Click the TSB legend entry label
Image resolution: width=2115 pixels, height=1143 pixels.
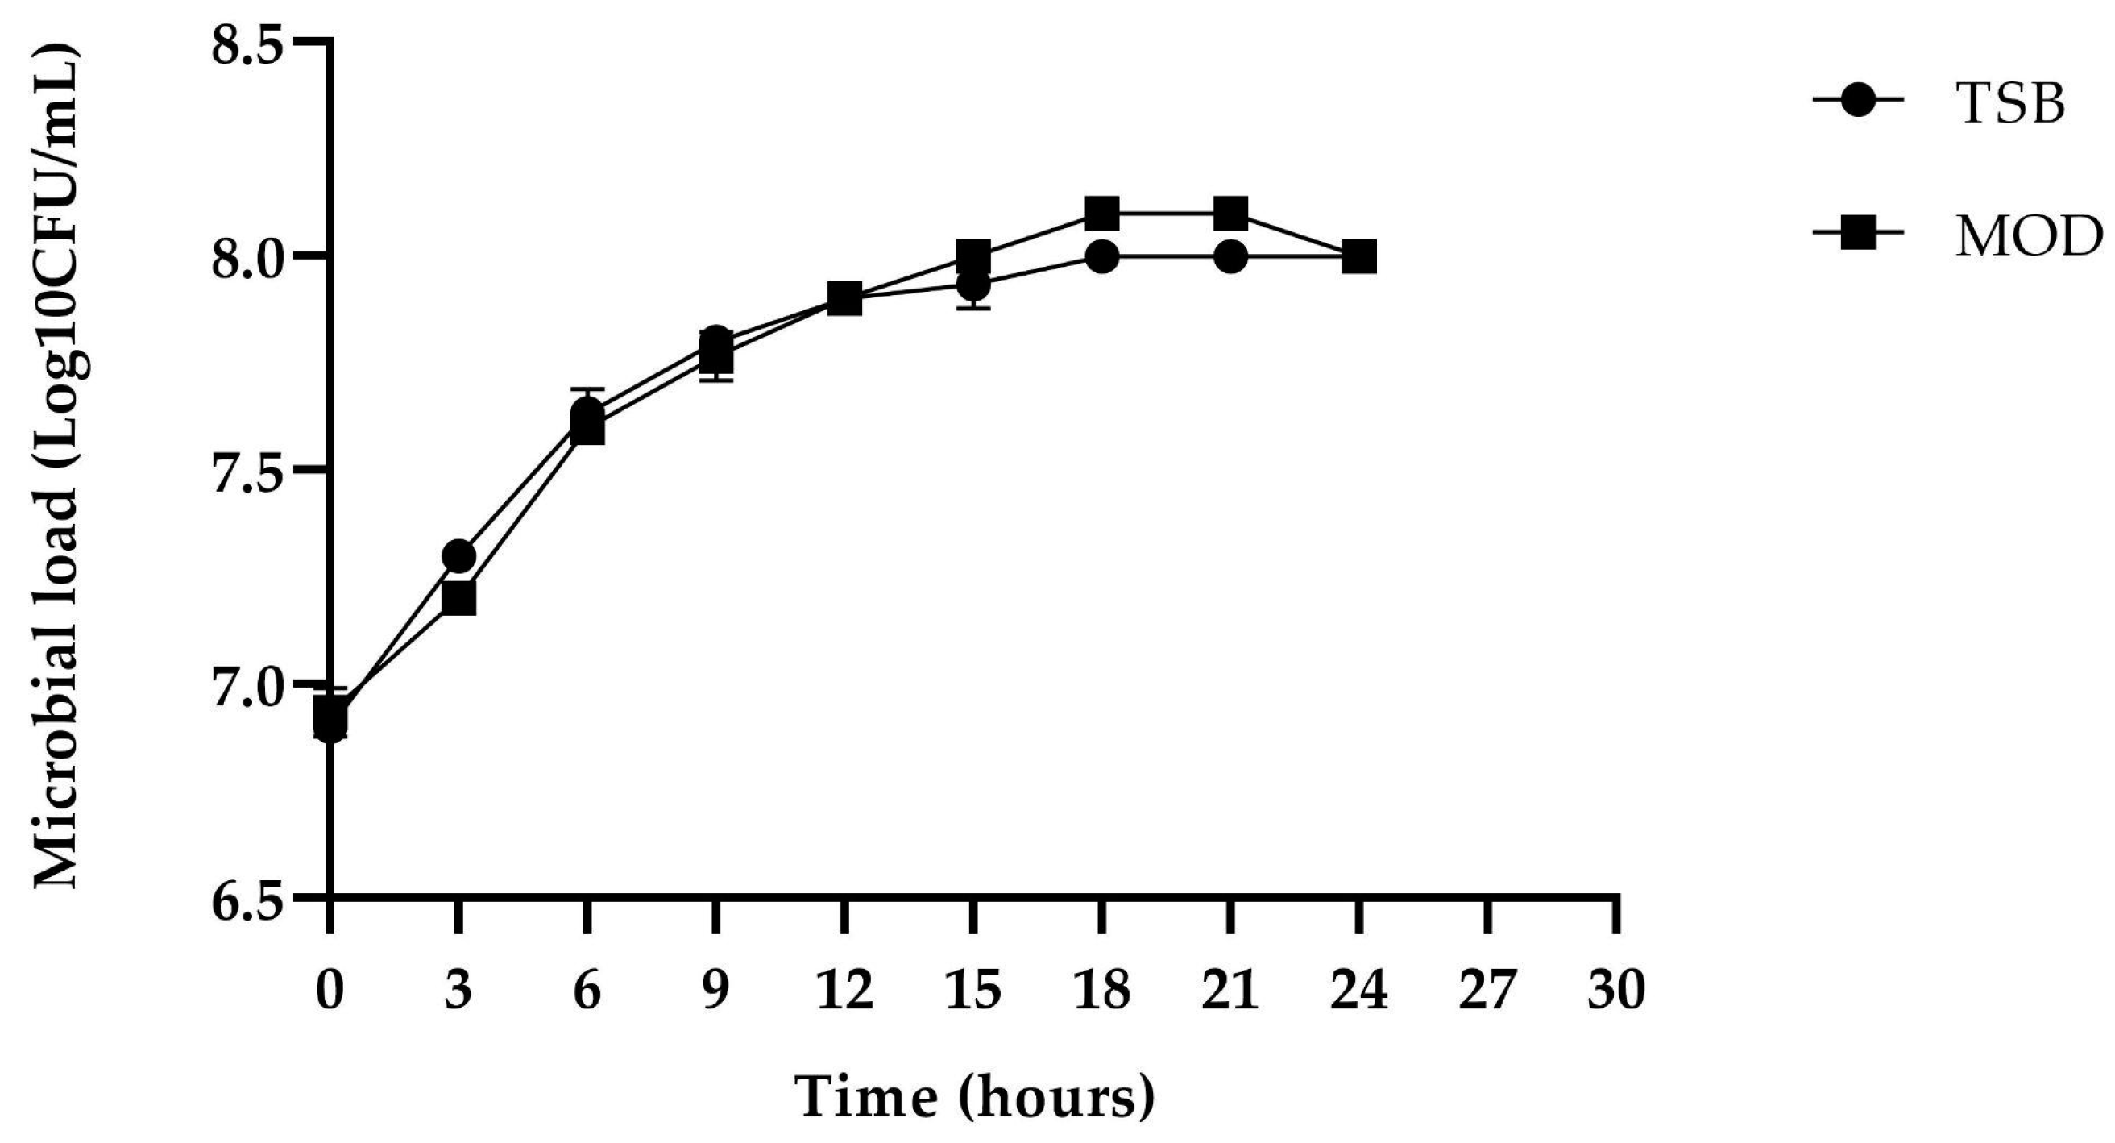2011,104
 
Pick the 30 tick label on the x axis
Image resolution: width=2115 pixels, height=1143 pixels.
1616,990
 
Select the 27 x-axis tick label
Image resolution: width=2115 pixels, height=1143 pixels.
1487,990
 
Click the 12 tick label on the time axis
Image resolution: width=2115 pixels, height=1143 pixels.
844,990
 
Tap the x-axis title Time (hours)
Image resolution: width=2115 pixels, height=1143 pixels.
976,1097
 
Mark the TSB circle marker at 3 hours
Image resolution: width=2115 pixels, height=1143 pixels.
458,557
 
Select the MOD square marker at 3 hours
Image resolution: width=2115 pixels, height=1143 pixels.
458,599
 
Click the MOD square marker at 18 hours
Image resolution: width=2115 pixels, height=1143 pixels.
1102,214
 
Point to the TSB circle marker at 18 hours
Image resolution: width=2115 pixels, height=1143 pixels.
1102,257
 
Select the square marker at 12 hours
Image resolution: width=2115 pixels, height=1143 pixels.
844,300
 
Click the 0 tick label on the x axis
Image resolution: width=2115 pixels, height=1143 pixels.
330,990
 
